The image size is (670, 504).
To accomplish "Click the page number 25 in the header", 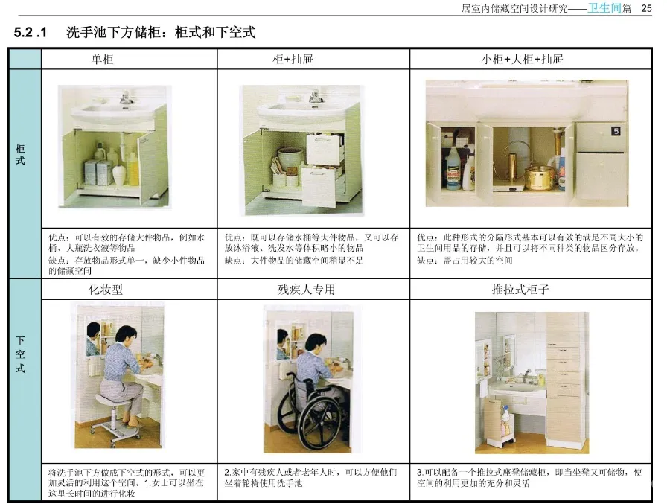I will (646, 8).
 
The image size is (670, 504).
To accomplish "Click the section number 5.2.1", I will (31, 34).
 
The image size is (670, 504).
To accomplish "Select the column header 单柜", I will (103, 59).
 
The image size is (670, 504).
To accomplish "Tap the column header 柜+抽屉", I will (293, 59).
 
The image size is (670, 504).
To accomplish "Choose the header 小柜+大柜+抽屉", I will (522, 59).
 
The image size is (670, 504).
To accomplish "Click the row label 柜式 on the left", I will (20, 154).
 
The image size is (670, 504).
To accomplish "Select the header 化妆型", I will (106, 289).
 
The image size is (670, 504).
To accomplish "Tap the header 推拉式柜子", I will (521, 289).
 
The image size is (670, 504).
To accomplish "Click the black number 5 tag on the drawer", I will (616, 131).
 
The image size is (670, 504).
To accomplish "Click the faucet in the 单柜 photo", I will (126, 97).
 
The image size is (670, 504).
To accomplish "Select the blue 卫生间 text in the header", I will (604, 8).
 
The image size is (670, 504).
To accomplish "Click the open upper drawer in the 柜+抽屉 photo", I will (325, 147).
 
